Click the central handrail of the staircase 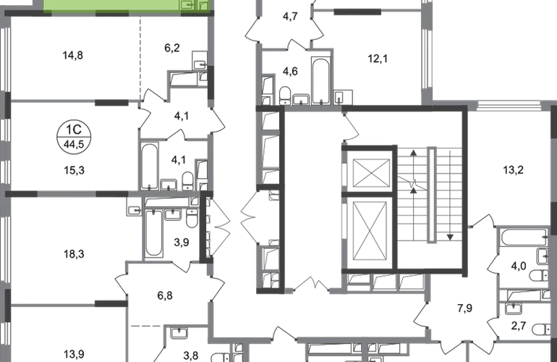click(x=432, y=194)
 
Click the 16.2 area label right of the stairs click(x=514, y=172)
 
